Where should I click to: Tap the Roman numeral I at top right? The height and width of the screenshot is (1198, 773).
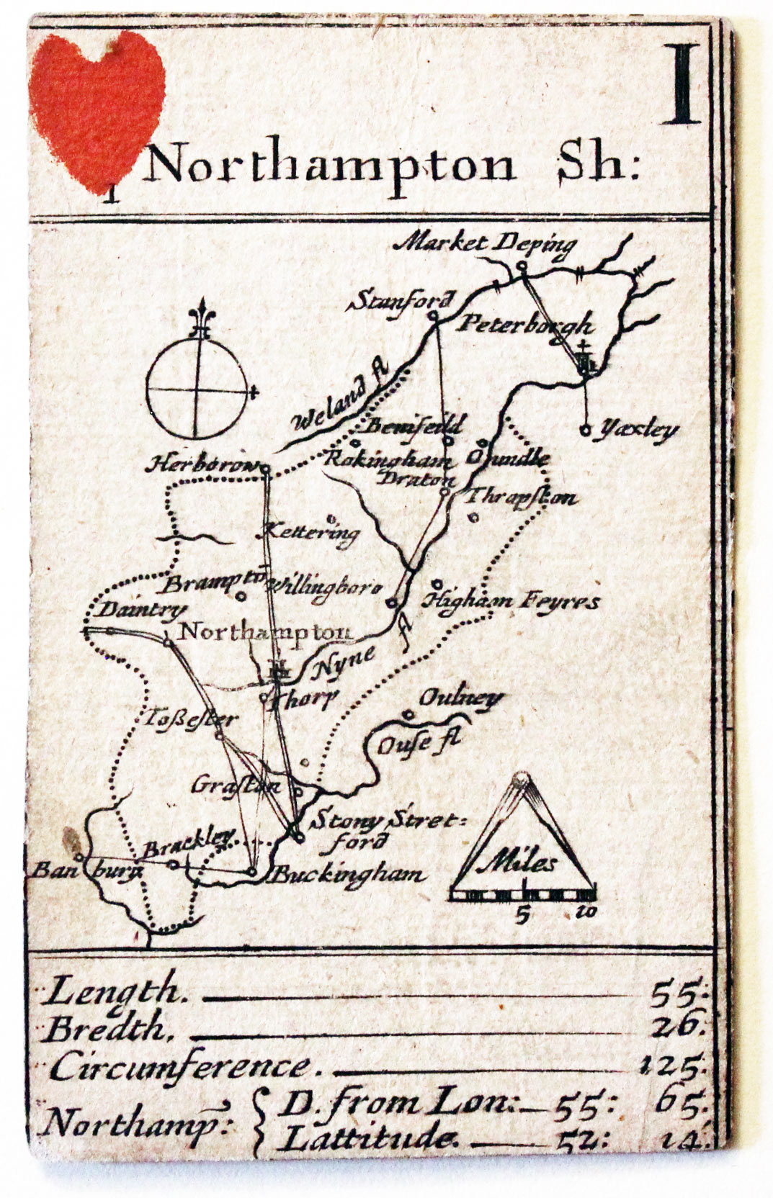(681, 84)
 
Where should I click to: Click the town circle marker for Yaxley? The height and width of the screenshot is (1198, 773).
(586, 431)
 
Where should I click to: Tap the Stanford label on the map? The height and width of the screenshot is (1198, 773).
(402, 300)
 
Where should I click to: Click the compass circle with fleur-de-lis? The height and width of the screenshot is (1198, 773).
(198, 389)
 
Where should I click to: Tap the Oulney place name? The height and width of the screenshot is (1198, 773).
(461, 698)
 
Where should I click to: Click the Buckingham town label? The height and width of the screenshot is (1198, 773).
(347, 875)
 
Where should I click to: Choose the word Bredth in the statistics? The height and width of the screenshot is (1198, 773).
(107, 1030)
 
